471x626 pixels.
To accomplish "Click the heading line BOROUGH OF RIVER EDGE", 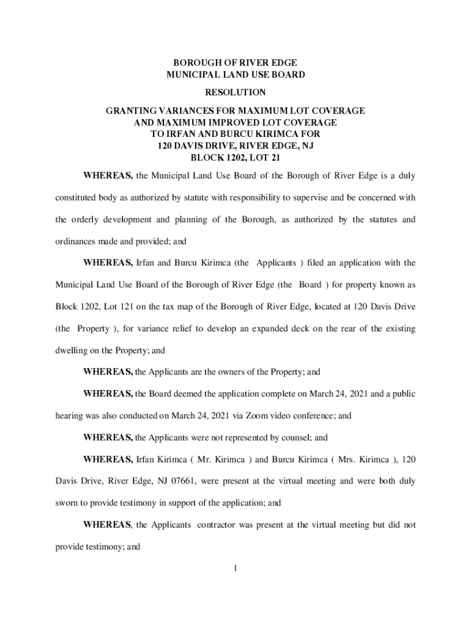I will [236, 63].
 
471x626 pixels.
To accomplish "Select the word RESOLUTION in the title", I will [236, 93].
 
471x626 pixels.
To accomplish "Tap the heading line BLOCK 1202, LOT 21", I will [236, 157].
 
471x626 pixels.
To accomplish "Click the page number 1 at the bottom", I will [235, 569].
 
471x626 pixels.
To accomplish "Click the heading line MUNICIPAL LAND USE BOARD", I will [236, 75].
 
